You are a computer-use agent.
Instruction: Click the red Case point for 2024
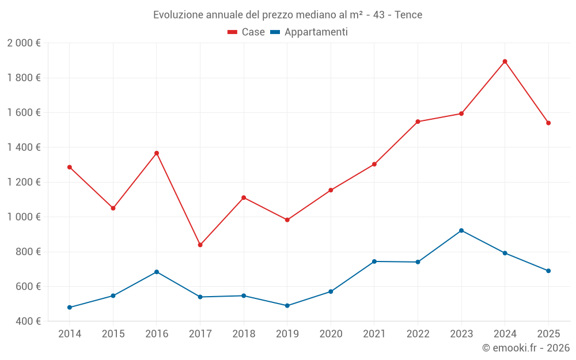click(x=505, y=62)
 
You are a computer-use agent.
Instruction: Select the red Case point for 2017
click(x=200, y=245)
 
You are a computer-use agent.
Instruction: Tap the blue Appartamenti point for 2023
click(x=461, y=230)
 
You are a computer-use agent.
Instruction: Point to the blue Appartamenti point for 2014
click(x=70, y=308)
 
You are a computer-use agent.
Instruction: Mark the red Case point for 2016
click(x=157, y=153)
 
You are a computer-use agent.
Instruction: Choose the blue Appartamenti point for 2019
click(x=287, y=306)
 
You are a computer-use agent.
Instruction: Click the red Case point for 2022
click(x=418, y=122)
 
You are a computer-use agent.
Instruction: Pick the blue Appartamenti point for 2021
click(x=374, y=262)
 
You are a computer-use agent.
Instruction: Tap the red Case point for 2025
click(x=548, y=123)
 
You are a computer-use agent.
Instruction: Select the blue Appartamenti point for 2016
click(x=157, y=272)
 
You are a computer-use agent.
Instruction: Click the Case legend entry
click(x=247, y=32)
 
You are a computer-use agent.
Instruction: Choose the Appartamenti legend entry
click(x=309, y=32)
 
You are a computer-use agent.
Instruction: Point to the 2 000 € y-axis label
click(x=24, y=43)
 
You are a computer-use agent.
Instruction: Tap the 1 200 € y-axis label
click(x=24, y=182)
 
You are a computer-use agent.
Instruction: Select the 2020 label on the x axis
click(x=331, y=334)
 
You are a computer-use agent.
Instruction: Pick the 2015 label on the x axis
click(x=113, y=334)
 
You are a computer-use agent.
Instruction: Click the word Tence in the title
click(x=408, y=15)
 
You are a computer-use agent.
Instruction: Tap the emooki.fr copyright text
click(x=526, y=348)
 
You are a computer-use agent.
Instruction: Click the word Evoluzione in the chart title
click(x=176, y=15)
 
